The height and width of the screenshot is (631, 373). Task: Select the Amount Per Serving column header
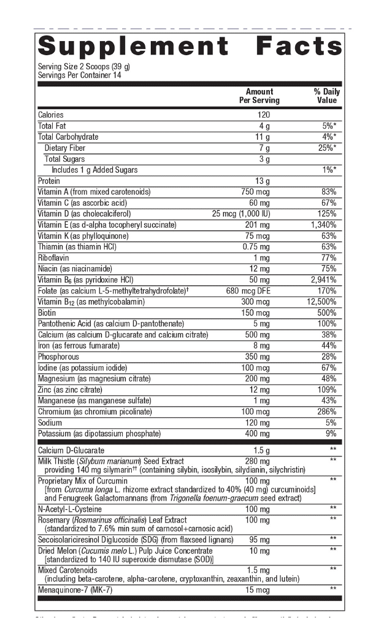coord(259,96)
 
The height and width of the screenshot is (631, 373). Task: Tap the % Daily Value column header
coord(326,96)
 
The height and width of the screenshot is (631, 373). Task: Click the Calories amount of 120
coord(263,115)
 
